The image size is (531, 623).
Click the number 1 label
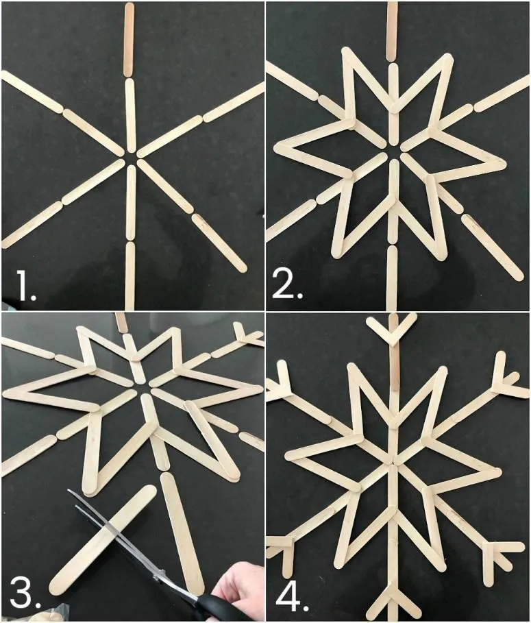coord(25,285)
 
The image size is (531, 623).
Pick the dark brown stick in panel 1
coord(129,39)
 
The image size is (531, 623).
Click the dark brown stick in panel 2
coord(392,32)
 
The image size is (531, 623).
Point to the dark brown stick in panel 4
coord(395,363)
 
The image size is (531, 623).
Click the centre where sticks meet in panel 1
coord(131,156)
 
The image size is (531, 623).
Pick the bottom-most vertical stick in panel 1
coord(130,276)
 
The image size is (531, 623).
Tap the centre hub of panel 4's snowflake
coord(393,462)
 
